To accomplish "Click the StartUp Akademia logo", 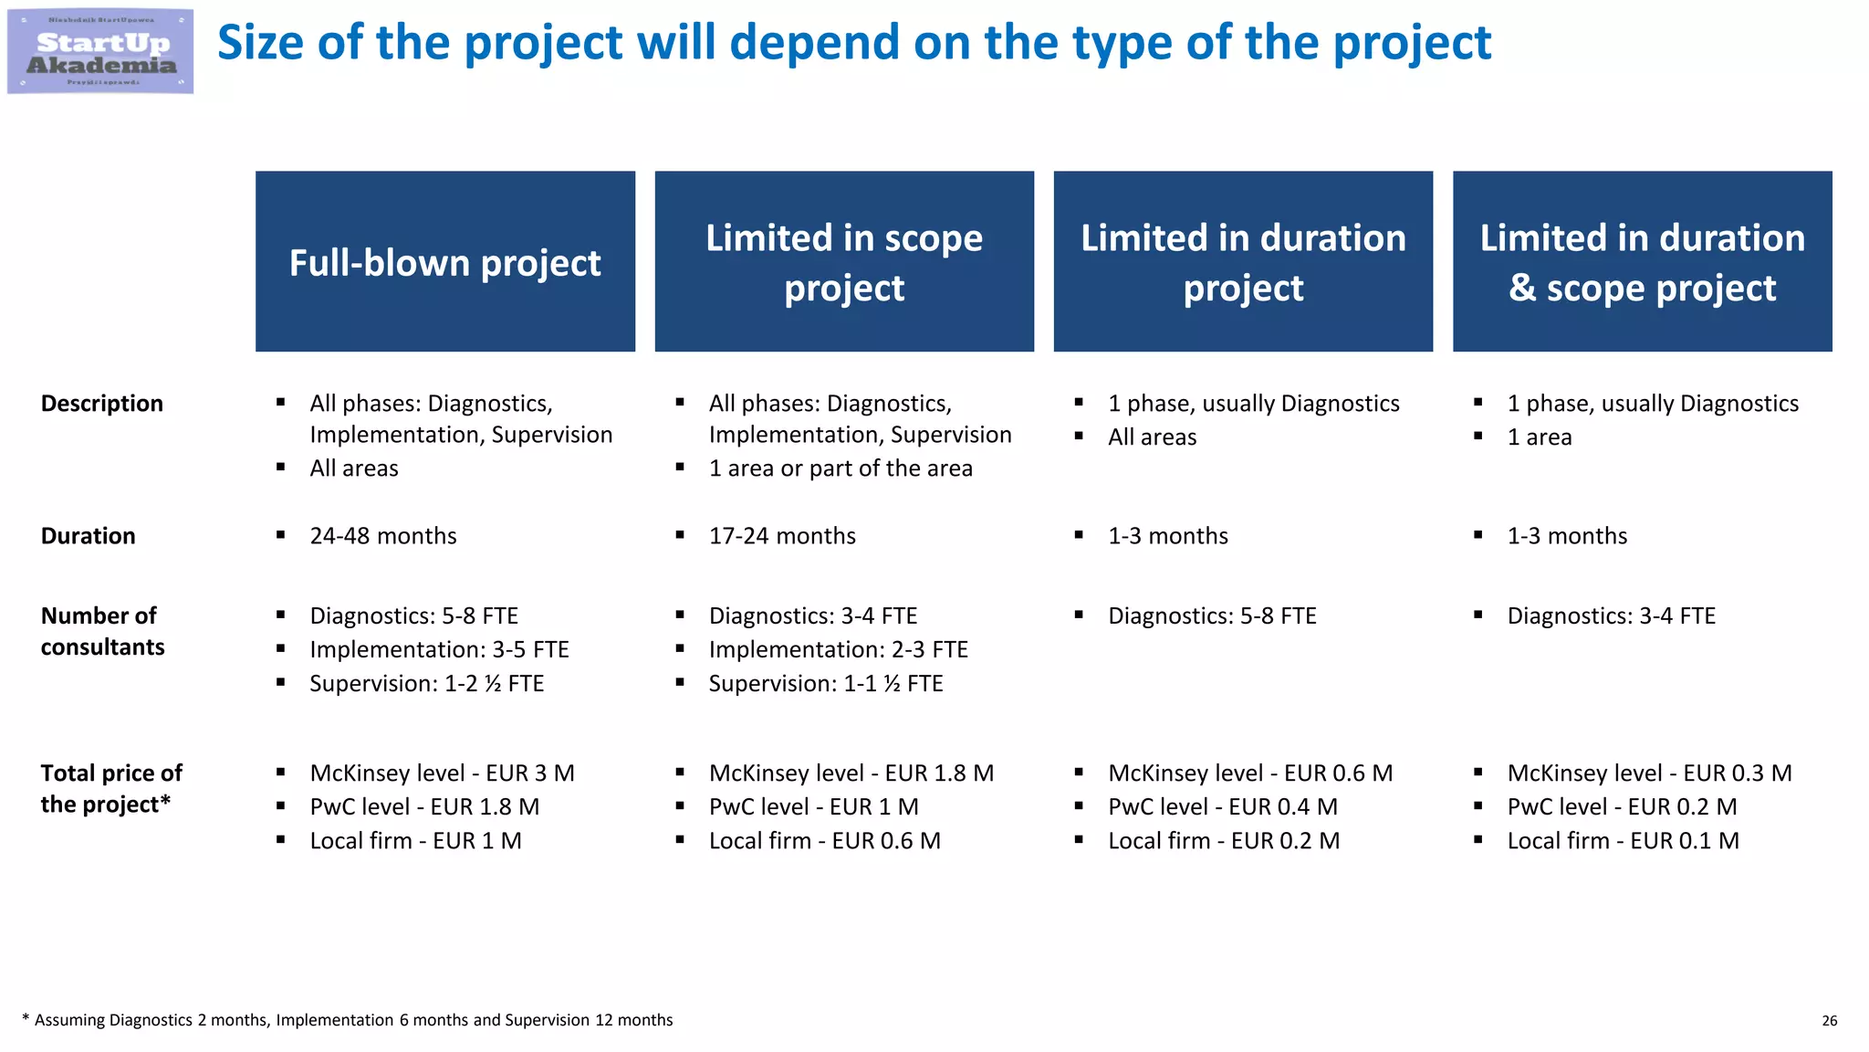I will pyautogui.click(x=100, y=52).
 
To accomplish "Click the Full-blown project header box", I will pyautogui.click(x=445, y=262).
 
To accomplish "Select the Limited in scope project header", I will pyautogui.click(x=844, y=262).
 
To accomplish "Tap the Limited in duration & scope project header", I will pyautogui.click(x=1642, y=262).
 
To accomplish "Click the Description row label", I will pyautogui.click(x=102, y=404).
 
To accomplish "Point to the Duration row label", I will pyautogui.click(x=89, y=536).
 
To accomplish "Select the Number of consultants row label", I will pyautogui.click(x=102, y=631).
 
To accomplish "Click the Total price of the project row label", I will pyautogui.click(x=111, y=789).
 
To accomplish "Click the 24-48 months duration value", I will pyautogui.click(x=383, y=536).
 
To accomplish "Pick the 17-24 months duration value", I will pyautogui.click(x=782, y=536).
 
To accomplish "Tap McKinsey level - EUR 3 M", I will pyautogui.click(x=442, y=773).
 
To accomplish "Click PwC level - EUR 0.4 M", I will pyautogui.click(x=1223, y=807).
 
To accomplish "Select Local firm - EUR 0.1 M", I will pyautogui.click(x=1623, y=841).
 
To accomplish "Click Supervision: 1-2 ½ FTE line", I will pyautogui.click(x=426, y=684).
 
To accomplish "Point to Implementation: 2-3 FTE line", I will pyautogui.click(x=838, y=650).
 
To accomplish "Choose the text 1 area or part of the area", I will pyautogui.click(x=841, y=468).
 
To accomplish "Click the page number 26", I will pyautogui.click(x=1829, y=1021).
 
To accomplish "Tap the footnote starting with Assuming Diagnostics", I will pyautogui.click(x=351, y=1020).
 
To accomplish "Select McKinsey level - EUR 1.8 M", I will pyautogui.click(x=851, y=773).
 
